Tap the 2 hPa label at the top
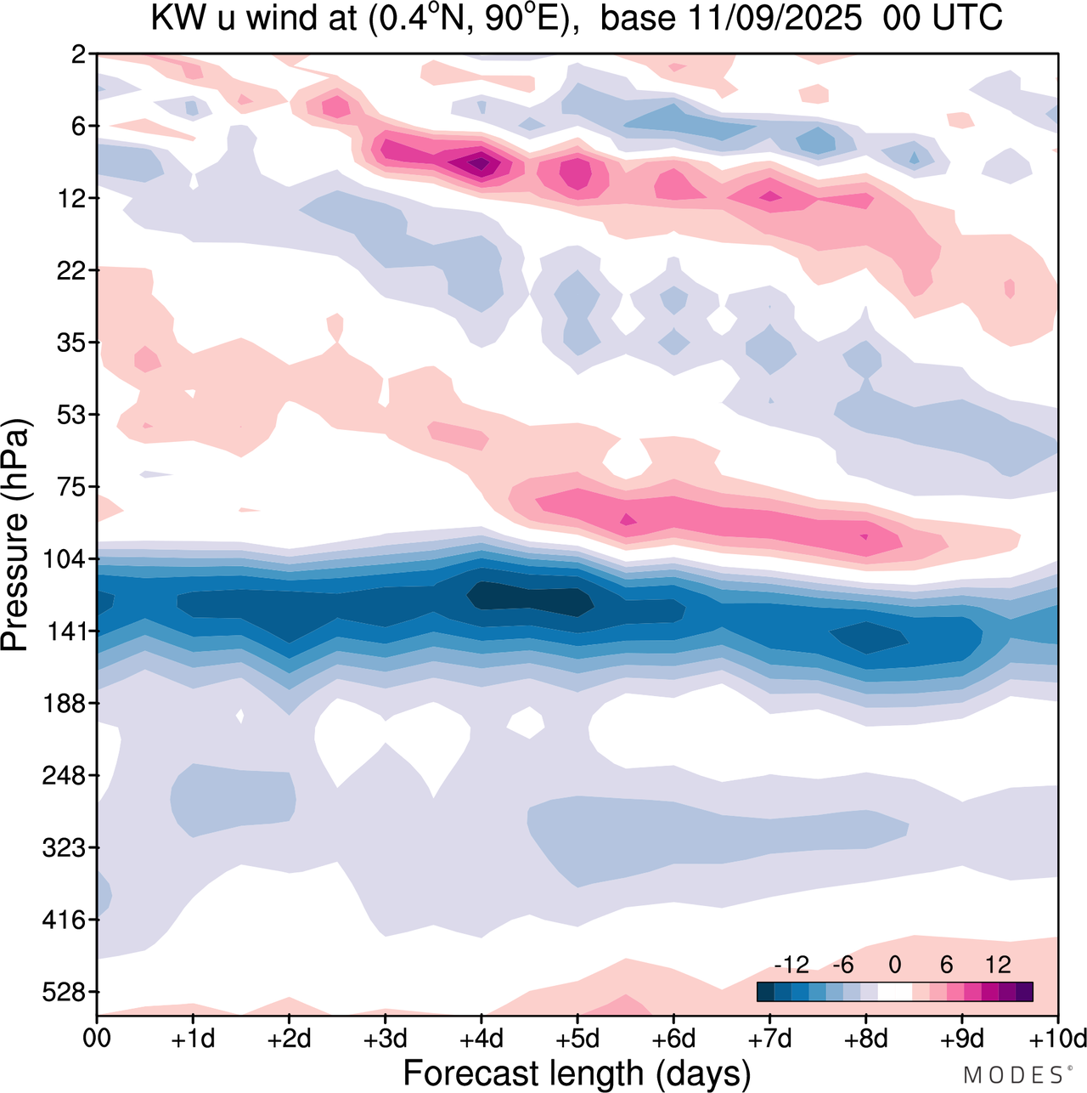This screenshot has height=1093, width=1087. tap(80, 54)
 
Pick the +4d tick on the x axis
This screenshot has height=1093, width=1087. tap(481, 1039)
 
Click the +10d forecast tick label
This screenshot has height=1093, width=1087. tap(1057, 1039)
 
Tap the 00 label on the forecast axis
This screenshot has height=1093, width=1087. tap(97, 1039)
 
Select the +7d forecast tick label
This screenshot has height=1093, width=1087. tap(769, 1039)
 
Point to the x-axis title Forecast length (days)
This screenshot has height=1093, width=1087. tap(577, 1073)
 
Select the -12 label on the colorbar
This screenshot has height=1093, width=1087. tap(791, 965)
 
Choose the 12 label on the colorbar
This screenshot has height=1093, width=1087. tap(998, 965)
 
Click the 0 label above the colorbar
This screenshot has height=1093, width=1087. tap(894, 965)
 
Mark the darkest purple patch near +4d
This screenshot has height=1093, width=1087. tap(481, 161)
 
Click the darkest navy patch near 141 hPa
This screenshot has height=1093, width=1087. tap(531, 597)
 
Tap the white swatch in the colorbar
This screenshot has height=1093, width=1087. tap(894, 992)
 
